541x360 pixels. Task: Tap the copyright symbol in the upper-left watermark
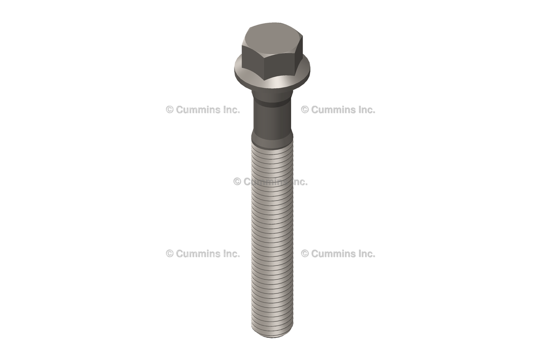170,110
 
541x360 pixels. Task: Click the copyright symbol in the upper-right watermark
305,110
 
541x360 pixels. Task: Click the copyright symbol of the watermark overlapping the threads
237,182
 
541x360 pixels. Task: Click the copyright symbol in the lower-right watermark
305,254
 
